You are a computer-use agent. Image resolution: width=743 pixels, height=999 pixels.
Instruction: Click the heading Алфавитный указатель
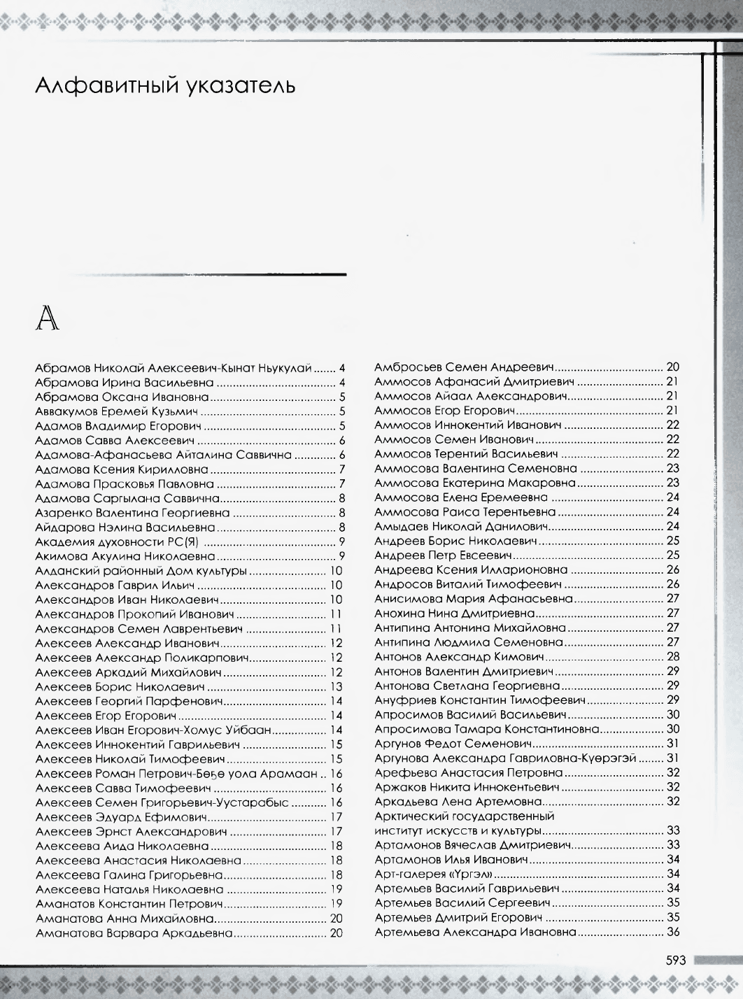click(164, 87)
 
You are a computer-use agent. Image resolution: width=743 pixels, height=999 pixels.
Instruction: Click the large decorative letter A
click(47, 319)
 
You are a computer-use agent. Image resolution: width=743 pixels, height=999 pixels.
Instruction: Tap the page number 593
click(678, 960)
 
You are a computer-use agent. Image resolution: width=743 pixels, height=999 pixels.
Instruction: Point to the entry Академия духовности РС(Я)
click(119, 541)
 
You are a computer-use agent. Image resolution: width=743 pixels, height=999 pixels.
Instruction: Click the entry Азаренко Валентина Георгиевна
click(132, 513)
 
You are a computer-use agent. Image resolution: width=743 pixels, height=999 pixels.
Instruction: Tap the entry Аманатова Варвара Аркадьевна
click(133, 933)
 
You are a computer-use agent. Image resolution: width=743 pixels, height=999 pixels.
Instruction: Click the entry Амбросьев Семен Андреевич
click(465, 367)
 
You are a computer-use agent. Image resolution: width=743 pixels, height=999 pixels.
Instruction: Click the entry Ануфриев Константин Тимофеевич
click(480, 700)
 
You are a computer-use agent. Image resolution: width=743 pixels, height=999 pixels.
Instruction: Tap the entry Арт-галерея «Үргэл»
click(434, 874)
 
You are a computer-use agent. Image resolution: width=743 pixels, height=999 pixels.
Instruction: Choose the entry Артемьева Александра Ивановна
click(475, 933)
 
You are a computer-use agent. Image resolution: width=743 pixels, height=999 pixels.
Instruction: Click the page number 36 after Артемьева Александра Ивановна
click(673, 933)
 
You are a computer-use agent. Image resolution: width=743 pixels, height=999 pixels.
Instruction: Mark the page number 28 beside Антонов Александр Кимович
click(673, 657)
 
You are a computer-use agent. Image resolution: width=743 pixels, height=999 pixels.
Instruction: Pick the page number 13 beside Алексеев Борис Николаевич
click(336, 687)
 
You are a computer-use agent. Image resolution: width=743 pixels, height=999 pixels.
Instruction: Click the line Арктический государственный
click(465, 816)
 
